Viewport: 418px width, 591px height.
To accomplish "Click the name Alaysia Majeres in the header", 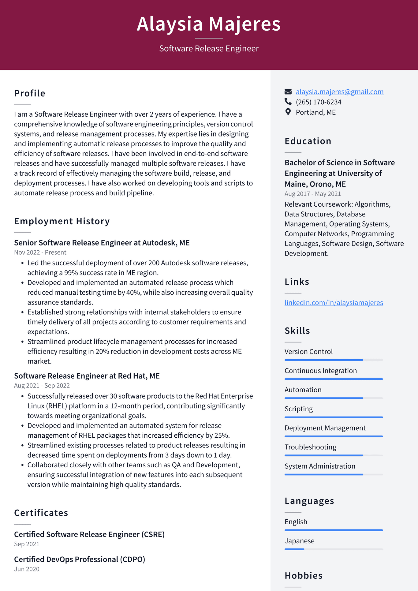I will [209, 24].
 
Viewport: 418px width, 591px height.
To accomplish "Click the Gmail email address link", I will [339, 92].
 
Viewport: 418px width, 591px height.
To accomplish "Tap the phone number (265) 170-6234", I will [318, 102].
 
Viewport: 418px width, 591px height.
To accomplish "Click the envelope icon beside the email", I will [288, 92].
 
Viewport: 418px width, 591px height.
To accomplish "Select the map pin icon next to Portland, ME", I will [288, 112].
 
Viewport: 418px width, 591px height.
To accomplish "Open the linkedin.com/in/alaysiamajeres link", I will [334, 302].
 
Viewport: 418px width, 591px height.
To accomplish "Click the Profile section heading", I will [30, 93].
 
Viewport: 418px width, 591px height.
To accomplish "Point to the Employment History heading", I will [62, 221].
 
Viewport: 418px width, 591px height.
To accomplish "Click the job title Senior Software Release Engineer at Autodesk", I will [102, 243].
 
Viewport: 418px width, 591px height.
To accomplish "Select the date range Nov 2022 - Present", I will [40, 252].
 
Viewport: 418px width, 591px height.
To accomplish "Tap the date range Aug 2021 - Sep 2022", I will [42, 386].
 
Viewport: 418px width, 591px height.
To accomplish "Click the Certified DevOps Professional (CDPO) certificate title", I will [80, 559].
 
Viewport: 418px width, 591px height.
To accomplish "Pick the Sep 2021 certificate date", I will [27, 544].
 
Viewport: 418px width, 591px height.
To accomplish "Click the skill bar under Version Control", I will [324, 360].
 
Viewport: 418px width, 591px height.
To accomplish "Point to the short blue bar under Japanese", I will [294, 549].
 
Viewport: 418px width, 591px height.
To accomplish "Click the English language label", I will [296, 522].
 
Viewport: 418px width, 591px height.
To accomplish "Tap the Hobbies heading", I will [303, 575].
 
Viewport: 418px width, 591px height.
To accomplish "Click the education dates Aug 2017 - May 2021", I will [312, 194].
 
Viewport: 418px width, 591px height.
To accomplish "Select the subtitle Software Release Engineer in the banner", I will [209, 48].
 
